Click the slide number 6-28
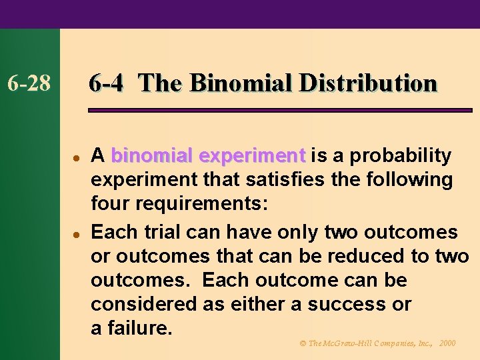[x=29, y=84]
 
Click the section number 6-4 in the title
[x=105, y=83]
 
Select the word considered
[x=137, y=304]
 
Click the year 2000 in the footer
[x=447, y=343]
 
